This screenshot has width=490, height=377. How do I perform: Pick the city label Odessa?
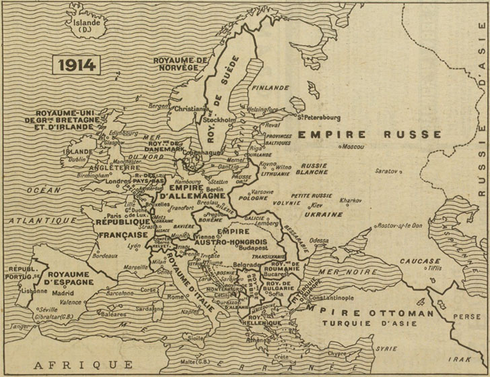click(x=319, y=239)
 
